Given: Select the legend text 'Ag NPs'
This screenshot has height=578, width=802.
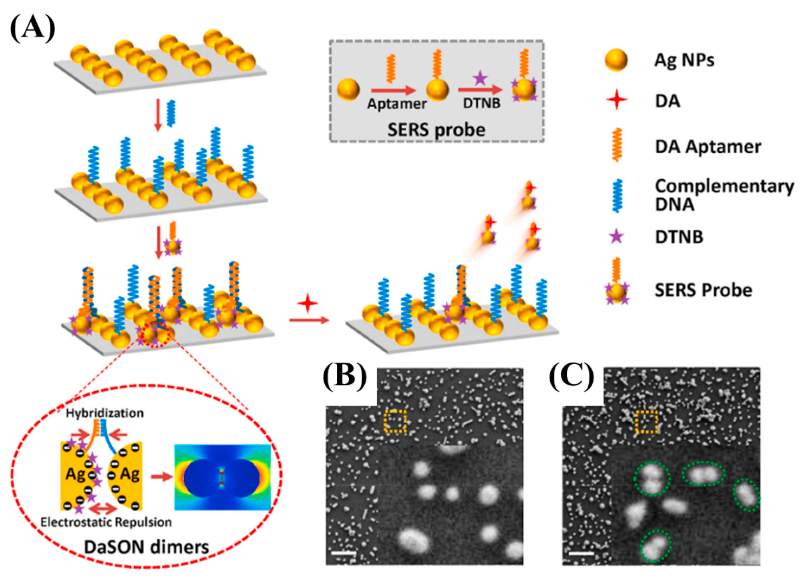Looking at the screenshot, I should [x=684, y=60].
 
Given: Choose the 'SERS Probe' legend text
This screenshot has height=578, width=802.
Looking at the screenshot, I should [x=703, y=290].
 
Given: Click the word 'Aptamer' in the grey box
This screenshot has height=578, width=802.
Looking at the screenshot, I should [x=397, y=104].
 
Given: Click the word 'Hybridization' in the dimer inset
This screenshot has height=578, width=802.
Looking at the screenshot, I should [x=105, y=413].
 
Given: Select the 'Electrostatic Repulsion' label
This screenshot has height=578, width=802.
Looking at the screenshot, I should [x=106, y=522].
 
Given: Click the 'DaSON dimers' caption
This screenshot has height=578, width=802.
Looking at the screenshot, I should [x=146, y=547].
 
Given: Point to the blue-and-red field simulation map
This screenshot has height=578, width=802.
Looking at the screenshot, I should [x=223, y=477].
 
